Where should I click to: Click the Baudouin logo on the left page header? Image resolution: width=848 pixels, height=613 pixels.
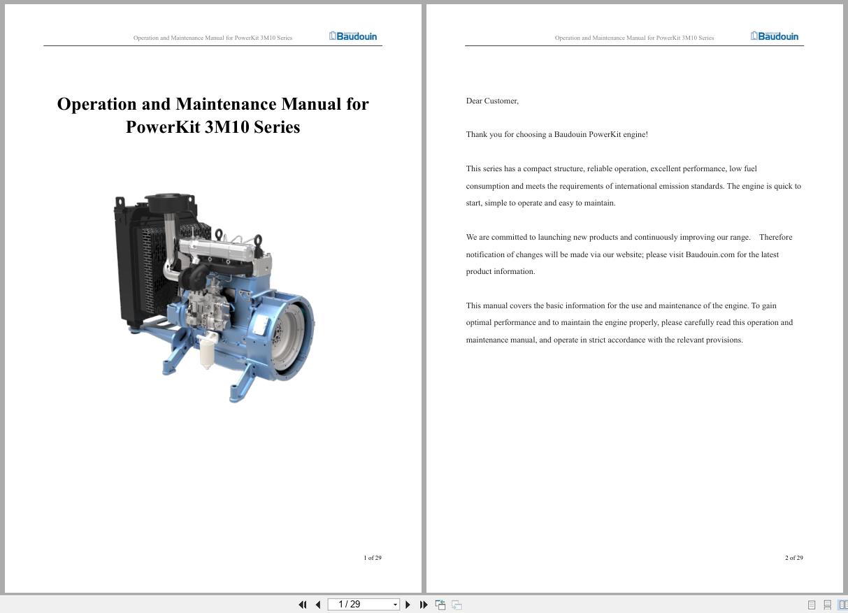pyautogui.click(x=353, y=36)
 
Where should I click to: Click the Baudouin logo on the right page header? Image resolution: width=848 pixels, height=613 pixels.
pyautogui.click(x=775, y=36)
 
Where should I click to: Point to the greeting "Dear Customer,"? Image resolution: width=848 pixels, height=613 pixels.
pyautogui.click(x=492, y=101)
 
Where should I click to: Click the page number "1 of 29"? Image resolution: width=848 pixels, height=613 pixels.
pyautogui.click(x=373, y=558)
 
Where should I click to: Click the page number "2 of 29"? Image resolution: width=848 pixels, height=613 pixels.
pyautogui.click(x=794, y=558)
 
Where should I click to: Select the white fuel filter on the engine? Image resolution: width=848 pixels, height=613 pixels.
pyautogui.click(x=207, y=351)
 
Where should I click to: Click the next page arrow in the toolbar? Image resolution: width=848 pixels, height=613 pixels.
pyautogui.click(x=408, y=605)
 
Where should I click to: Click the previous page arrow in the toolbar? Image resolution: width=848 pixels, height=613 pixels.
pyautogui.click(x=318, y=605)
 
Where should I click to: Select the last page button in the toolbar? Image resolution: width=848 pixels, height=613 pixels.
pyautogui.click(x=423, y=605)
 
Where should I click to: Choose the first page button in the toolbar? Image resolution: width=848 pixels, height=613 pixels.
pyautogui.click(x=302, y=605)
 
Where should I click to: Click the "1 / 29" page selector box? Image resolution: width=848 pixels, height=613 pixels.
pyautogui.click(x=363, y=605)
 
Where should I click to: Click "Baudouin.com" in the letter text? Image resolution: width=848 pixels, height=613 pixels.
pyautogui.click(x=710, y=254)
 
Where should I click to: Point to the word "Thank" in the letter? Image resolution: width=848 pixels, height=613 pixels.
pyautogui.click(x=476, y=134)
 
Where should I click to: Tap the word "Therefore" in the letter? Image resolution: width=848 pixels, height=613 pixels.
pyautogui.click(x=775, y=237)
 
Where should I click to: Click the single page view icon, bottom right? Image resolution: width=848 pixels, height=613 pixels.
pyautogui.click(x=812, y=605)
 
